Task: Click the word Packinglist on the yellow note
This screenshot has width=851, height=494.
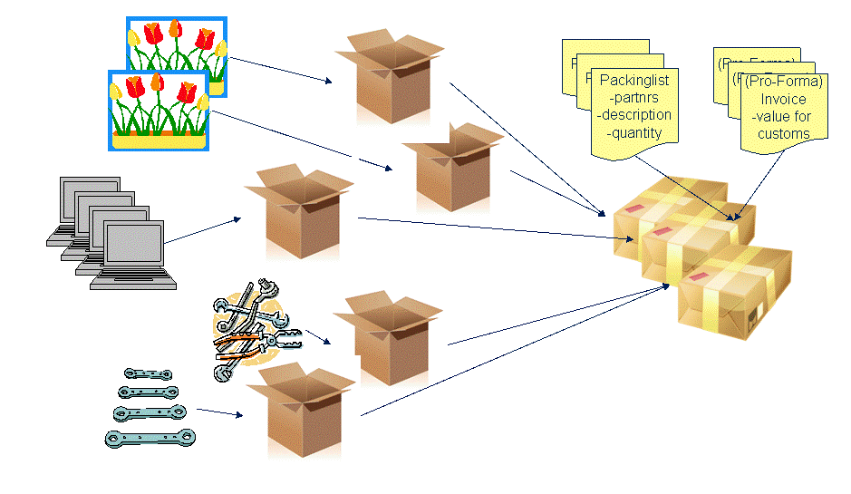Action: click(634, 81)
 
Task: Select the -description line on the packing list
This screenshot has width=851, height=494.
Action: click(634, 115)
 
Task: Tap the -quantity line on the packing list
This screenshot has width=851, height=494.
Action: click(634, 132)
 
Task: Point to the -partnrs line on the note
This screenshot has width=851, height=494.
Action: click(634, 98)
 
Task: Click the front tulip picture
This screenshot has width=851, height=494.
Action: click(158, 110)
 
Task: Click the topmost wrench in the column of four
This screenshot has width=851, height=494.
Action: click(147, 373)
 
